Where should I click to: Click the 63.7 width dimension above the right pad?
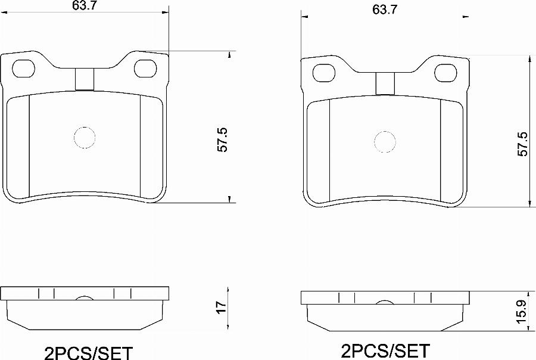click(x=385, y=10)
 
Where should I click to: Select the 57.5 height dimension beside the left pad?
click(x=223, y=139)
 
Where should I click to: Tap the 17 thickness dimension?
click(x=222, y=306)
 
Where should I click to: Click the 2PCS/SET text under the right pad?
click(x=385, y=350)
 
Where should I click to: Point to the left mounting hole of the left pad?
click(x=24, y=69)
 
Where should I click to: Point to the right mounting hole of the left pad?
click(x=146, y=69)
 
